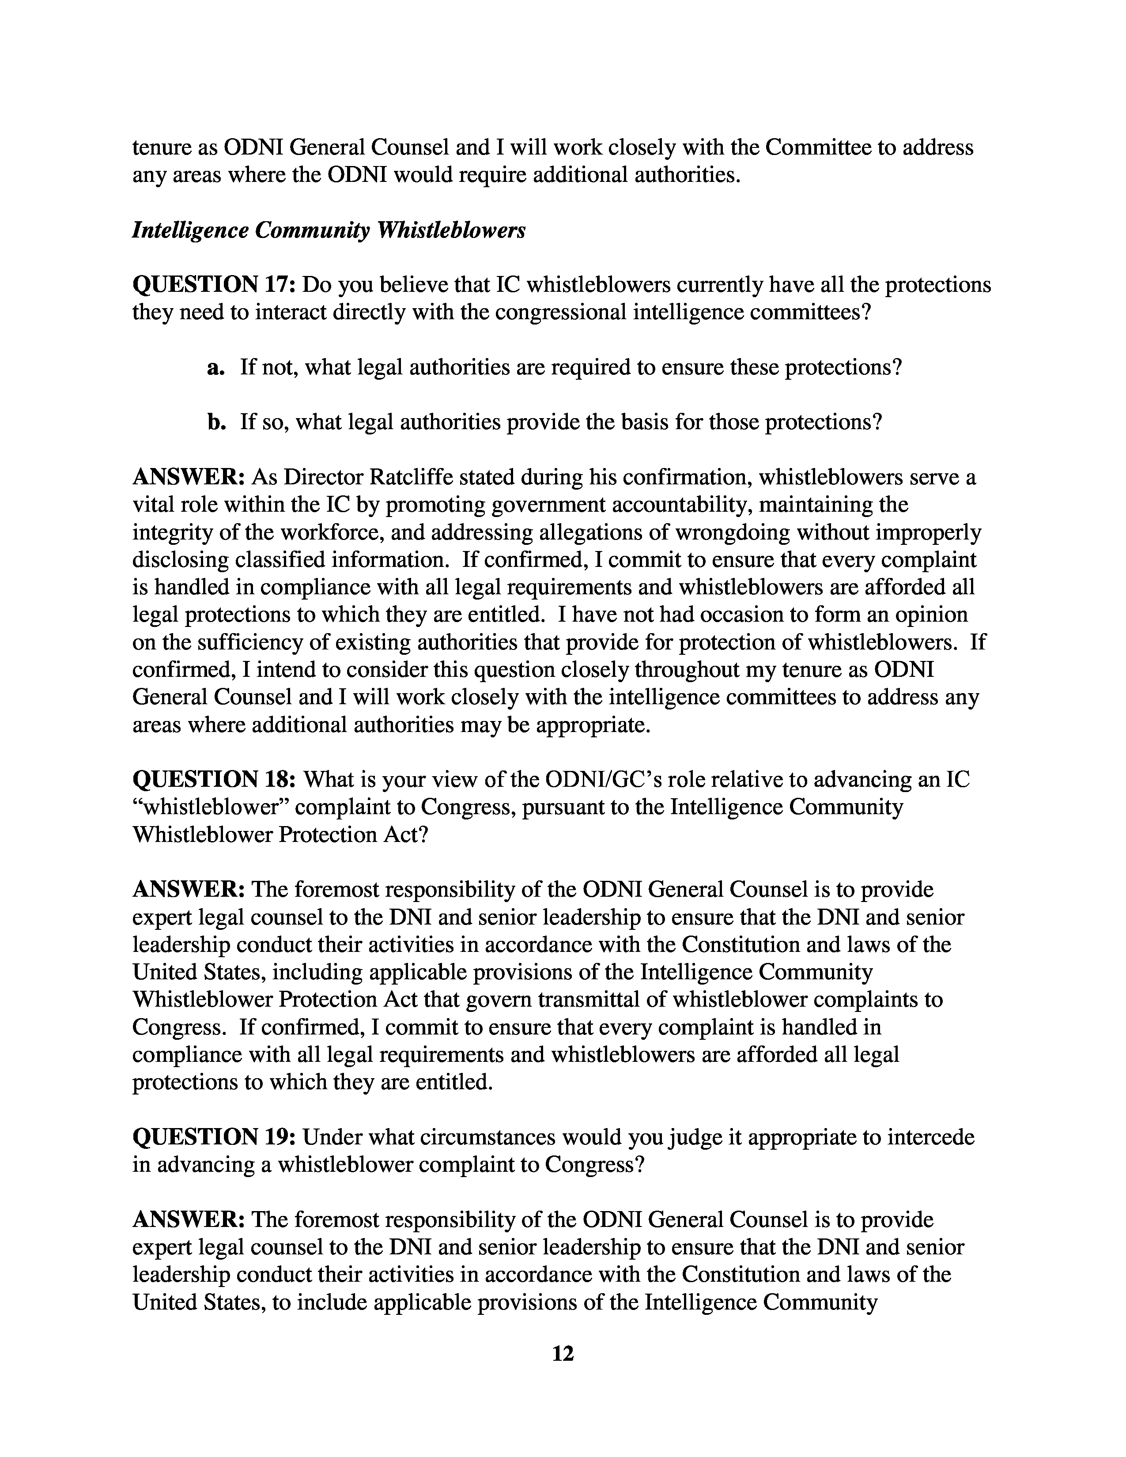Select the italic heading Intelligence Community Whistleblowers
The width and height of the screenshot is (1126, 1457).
point(329,230)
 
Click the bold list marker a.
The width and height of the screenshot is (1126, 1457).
point(214,368)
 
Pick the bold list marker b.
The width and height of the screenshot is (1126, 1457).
point(214,422)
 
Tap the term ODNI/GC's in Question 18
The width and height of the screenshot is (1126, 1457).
point(597,779)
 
